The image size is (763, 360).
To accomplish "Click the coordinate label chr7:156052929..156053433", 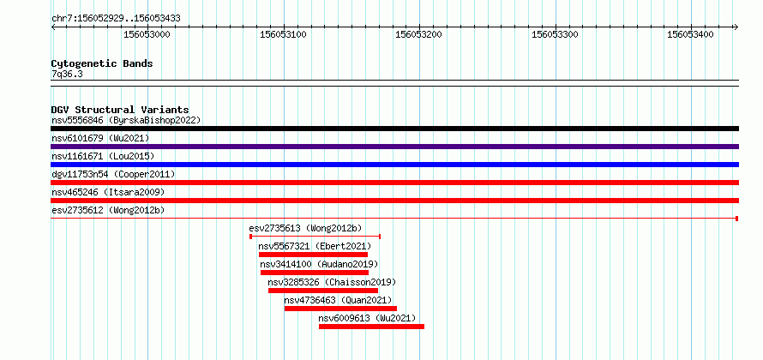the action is [116, 19].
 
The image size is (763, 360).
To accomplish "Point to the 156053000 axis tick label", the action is [147, 34].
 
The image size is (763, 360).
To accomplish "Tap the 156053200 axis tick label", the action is [418, 34].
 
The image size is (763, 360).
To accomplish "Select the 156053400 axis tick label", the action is [690, 34].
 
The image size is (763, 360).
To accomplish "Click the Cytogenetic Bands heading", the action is [102, 63].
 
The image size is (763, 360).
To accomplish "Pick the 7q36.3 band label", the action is [67, 75].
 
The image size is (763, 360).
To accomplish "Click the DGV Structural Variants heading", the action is [120, 110].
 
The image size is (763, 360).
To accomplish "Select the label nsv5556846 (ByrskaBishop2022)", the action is [126, 120].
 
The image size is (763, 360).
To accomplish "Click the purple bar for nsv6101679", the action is [394, 147].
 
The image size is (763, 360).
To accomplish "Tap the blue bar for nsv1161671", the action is [394, 165].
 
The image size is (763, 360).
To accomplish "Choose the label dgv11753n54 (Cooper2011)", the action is [113, 174].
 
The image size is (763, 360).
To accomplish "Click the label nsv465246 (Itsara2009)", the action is [108, 192].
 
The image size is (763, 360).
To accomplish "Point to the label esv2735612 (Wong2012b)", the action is [108, 210].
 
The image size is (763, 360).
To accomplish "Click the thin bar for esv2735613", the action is [315, 237].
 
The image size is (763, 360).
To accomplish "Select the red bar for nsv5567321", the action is [314, 255].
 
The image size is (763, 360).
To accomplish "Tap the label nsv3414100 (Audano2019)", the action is [319, 264].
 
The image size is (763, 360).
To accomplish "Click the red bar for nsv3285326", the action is [323, 291].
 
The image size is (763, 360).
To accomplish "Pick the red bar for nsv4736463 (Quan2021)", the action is [340, 309].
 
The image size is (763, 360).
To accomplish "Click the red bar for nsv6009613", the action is [372, 327].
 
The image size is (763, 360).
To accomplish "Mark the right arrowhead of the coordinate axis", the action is [736, 27].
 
